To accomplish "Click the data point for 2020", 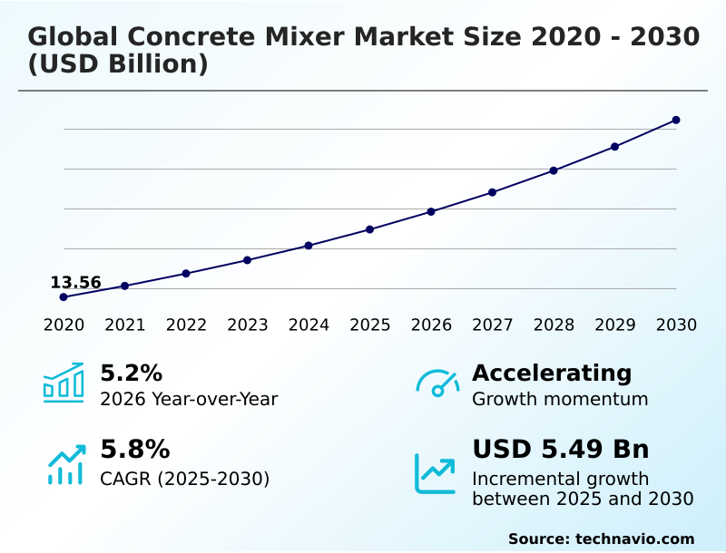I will coord(64,296).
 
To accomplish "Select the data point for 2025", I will coord(370,229).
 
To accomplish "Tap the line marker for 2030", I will coord(676,120).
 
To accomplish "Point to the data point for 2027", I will coord(493,192).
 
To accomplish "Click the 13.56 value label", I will coord(75,282).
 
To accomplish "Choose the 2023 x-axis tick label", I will coord(248,325).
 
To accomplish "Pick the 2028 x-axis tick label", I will coord(554,325).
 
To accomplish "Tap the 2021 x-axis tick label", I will coord(125,325).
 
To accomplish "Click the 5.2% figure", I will coord(131,373).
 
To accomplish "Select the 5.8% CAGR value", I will coord(134,450).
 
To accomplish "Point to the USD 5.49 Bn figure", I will coord(561,450).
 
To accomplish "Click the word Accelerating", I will coord(552,373).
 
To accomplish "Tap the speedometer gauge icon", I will coord(437,383).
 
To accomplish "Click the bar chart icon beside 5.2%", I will coord(64,383).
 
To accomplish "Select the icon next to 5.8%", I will coord(65,463).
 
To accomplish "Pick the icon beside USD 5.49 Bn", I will coord(436,472).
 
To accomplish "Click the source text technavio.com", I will coord(634,538).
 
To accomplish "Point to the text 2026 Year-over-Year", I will coord(189,399).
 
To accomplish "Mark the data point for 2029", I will coord(614,147).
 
